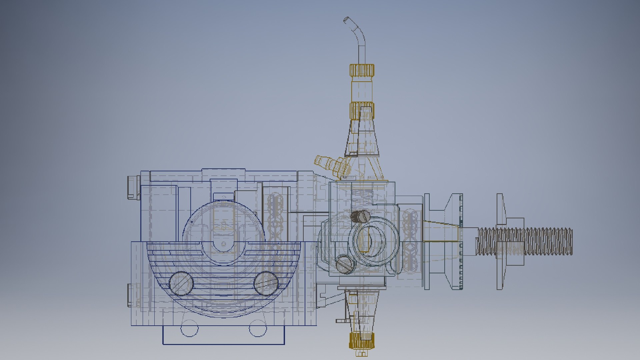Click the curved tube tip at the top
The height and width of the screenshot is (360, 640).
pyautogui.click(x=347, y=20)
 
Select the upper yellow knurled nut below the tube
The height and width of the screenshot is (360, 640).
pyautogui.click(x=362, y=70)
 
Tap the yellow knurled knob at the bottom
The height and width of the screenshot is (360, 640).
pyautogui.click(x=361, y=340)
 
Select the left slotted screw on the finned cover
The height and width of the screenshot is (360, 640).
pyautogui.click(x=181, y=283)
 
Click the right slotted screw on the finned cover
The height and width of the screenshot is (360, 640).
pyautogui.click(x=266, y=283)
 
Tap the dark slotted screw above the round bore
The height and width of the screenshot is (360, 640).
pyautogui.click(x=360, y=216)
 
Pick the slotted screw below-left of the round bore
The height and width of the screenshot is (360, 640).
pyautogui.click(x=345, y=264)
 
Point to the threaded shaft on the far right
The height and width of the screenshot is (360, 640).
pyautogui.click(x=540, y=241)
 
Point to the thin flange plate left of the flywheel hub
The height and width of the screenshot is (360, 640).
pyautogui.click(x=427, y=241)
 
